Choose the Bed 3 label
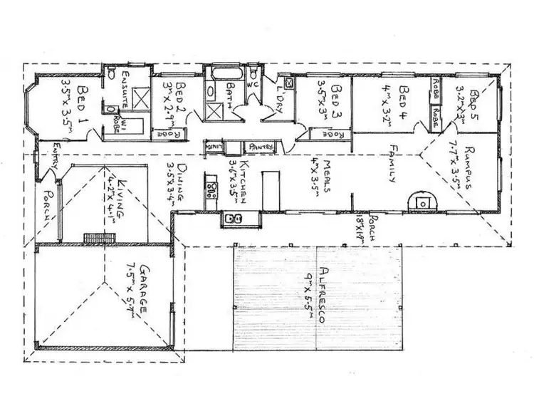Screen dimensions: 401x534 pyautogui.click(x=337, y=98)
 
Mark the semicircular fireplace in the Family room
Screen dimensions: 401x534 pyautogui.click(x=422, y=202)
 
